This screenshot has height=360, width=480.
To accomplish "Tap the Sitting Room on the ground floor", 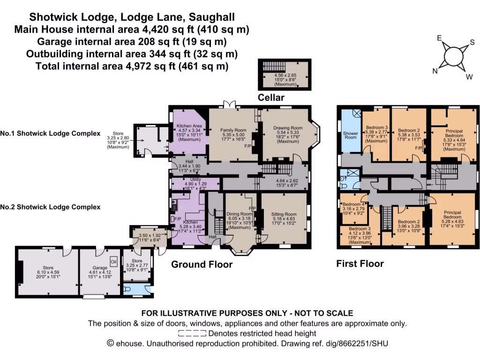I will (285, 214).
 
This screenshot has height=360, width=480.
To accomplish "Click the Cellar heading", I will (271, 97).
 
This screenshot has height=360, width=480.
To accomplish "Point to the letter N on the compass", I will (435, 71).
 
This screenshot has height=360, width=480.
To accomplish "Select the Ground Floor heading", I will (202, 264).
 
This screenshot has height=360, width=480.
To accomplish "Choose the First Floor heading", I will (360, 263).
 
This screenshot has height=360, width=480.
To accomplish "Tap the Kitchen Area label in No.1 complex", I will (189, 126).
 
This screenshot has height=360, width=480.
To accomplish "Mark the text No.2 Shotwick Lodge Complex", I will (50, 207).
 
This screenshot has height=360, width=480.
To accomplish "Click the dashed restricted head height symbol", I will (192, 334).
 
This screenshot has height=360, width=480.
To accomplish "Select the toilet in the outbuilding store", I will (130, 291).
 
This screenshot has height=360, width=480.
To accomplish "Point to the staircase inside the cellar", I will (271, 66).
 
